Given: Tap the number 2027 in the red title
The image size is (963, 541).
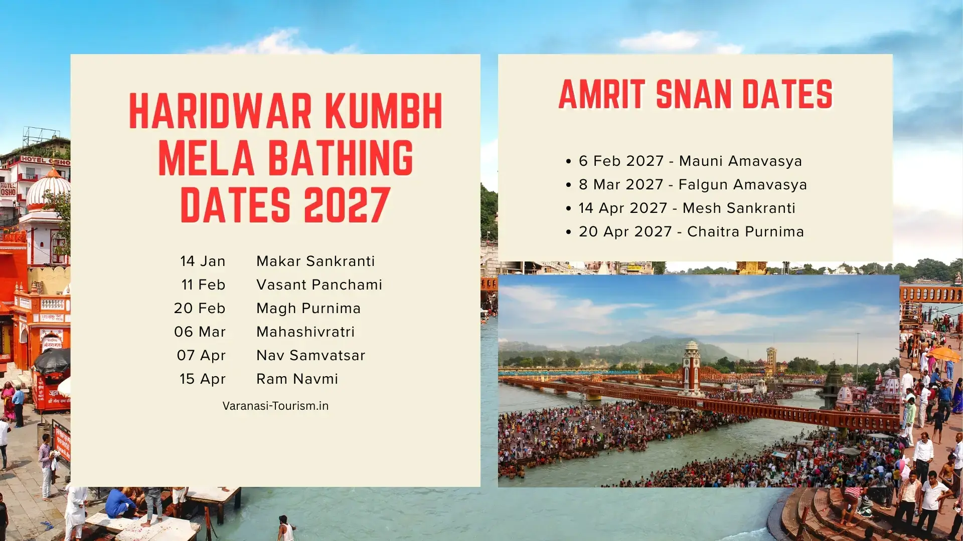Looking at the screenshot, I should tap(347, 205).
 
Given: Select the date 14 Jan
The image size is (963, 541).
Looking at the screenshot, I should tap(203, 261).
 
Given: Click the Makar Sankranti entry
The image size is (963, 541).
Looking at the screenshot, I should tap(315, 261).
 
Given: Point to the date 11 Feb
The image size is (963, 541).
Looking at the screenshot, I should tap(203, 285).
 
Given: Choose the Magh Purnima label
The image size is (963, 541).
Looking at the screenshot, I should tap(308, 308).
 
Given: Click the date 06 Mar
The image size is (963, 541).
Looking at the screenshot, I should tap(200, 332).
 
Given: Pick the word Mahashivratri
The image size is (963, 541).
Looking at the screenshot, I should tap(305, 332).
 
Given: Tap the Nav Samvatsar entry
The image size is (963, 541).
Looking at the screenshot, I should tap(310, 355).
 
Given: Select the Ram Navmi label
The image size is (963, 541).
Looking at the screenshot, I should tap(297, 379).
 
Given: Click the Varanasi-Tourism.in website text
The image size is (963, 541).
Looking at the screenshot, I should tap(275, 406).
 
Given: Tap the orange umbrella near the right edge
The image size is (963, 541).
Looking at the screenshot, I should tap(944, 355).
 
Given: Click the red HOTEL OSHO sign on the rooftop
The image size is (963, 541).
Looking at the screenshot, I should tap(45, 160).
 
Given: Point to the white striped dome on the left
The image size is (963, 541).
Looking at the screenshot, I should tap(48, 189).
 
